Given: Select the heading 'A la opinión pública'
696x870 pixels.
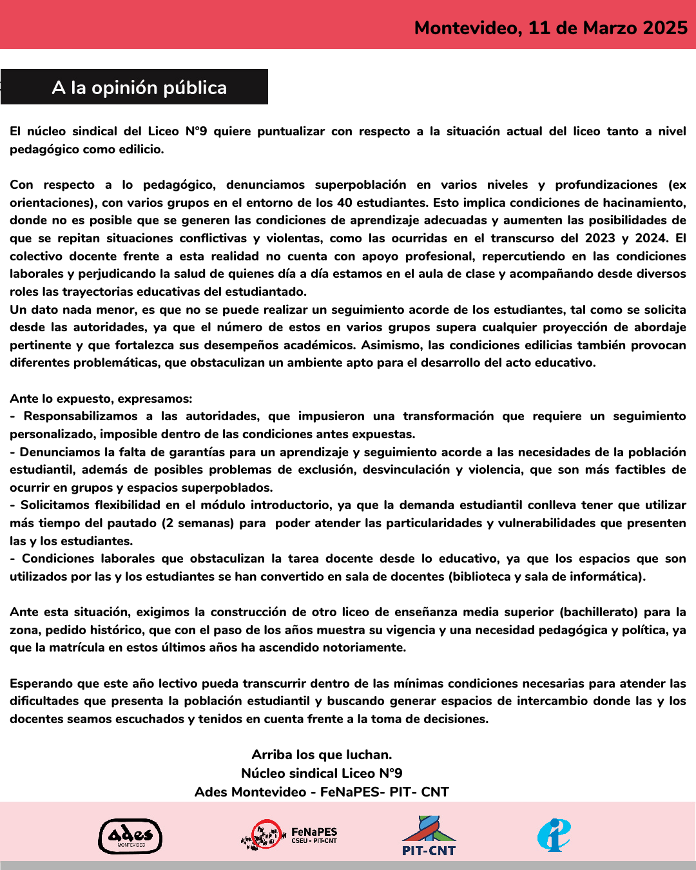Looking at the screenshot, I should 139,88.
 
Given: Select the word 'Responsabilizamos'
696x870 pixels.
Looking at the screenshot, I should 81,416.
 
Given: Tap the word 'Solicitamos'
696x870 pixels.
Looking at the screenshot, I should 55,505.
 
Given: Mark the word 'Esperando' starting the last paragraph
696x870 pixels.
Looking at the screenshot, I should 41,683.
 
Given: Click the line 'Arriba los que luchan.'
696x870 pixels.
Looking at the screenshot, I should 322,755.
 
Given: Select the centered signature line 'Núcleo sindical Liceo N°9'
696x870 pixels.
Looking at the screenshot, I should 322,773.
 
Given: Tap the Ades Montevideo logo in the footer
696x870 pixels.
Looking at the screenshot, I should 130,836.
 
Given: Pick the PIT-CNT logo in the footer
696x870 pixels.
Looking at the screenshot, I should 429,836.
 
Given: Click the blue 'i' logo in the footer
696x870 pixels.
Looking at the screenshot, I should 554,835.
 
